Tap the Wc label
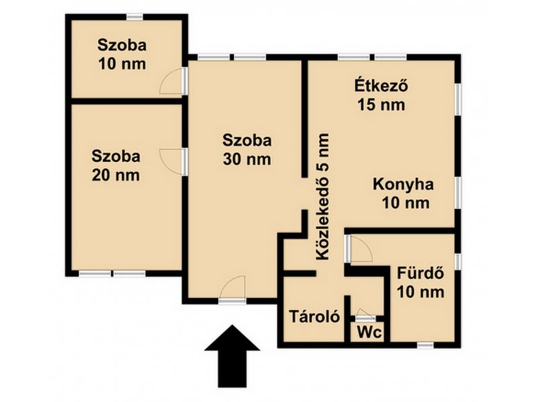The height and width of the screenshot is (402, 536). [x=368, y=332]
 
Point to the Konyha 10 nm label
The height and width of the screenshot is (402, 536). [x=403, y=194]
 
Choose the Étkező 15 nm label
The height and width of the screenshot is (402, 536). [x=381, y=95]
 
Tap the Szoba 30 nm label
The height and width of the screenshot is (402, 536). [x=247, y=149]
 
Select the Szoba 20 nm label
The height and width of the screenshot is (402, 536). [x=117, y=165]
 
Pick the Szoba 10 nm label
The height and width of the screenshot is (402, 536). [x=122, y=55]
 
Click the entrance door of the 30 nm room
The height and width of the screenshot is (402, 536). [x=232, y=292]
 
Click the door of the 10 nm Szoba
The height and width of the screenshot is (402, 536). [x=174, y=82]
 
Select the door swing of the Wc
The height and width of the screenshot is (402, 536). [x=364, y=312]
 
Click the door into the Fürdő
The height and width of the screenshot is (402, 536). [x=359, y=250]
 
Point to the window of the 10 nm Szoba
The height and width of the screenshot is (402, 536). [x=135, y=16]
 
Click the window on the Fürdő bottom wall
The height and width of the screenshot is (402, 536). [x=425, y=345]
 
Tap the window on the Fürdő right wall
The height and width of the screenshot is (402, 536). [x=458, y=262]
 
